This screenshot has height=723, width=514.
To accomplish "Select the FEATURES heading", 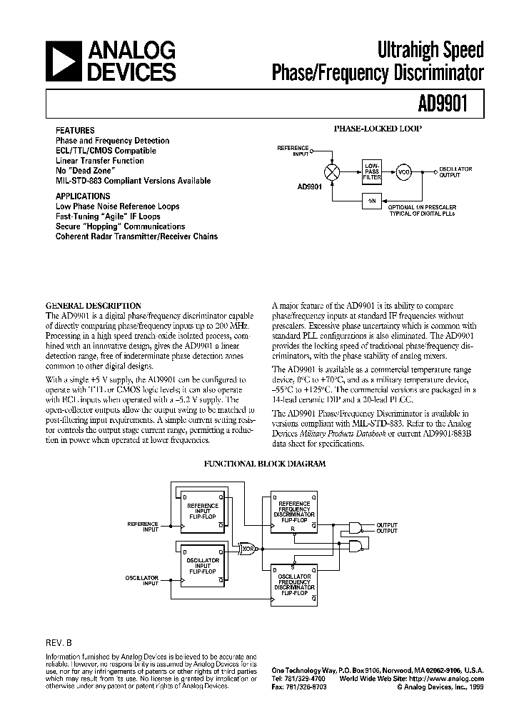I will point(75,131).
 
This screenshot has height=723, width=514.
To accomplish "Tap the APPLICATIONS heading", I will point(83,196).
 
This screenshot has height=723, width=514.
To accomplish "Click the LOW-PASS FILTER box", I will point(372,171).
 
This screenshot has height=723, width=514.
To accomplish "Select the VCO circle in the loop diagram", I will point(404,172).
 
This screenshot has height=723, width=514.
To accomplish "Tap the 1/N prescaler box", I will point(372,202).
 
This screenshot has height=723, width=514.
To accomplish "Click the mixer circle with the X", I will point(331,172).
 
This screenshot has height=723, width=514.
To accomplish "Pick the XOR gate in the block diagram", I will point(248,548).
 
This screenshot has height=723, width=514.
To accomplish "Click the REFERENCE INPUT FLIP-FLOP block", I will point(202,512).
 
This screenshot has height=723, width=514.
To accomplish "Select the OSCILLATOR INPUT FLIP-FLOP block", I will point(202,564).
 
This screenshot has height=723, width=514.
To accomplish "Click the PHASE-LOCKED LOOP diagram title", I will point(378,129).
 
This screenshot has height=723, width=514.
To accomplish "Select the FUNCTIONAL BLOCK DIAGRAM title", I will point(265,464).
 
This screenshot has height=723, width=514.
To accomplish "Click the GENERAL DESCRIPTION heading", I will point(94,305).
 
